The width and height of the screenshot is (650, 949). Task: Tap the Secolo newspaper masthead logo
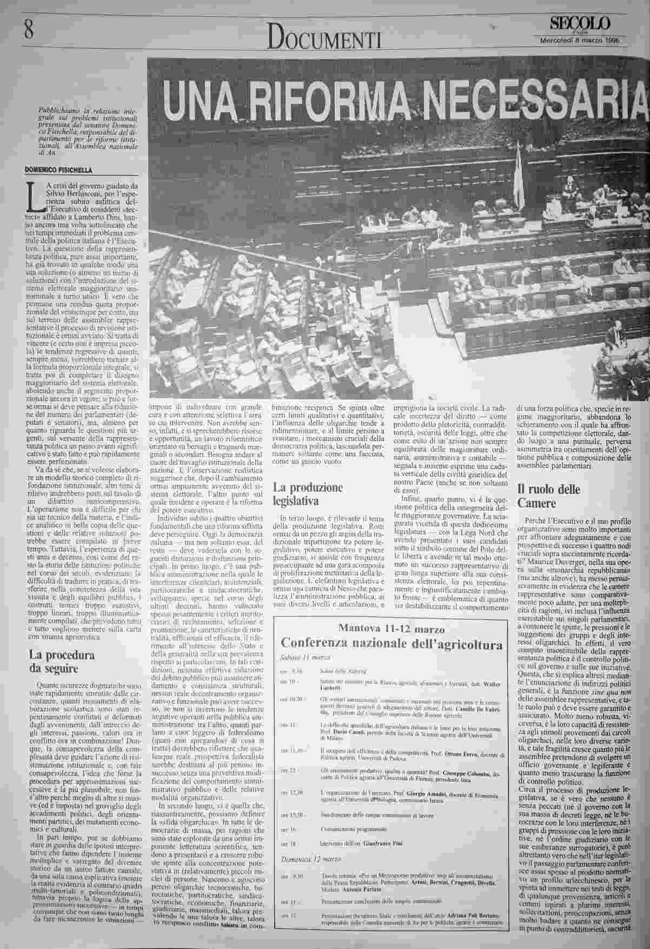580,23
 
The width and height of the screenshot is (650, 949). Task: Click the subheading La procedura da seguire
62,661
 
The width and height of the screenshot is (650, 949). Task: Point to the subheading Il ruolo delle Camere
545,496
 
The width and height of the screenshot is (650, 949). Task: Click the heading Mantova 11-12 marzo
392,629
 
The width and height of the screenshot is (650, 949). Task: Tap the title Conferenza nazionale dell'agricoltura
392,644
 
